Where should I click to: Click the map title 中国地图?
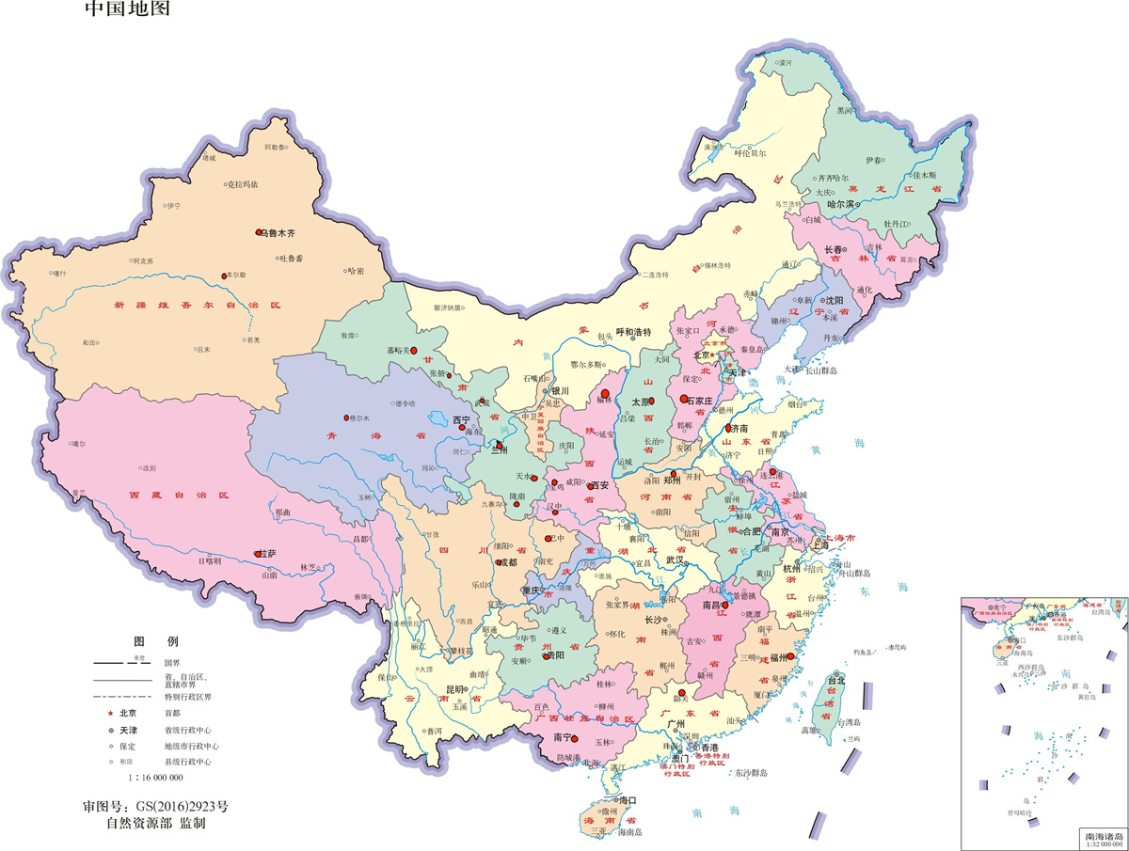pyautogui.click(x=128, y=10)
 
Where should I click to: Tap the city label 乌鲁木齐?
pyautogui.click(x=278, y=232)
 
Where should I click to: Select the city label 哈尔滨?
pyautogui.click(x=840, y=204)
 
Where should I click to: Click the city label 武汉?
pyautogui.click(x=675, y=559)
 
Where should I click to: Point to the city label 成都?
pyautogui.click(x=507, y=562)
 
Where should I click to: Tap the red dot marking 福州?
pyautogui.click(x=791, y=656)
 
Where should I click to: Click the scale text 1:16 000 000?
pyautogui.click(x=156, y=778)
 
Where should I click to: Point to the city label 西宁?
pyautogui.click(x=460, y=419)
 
